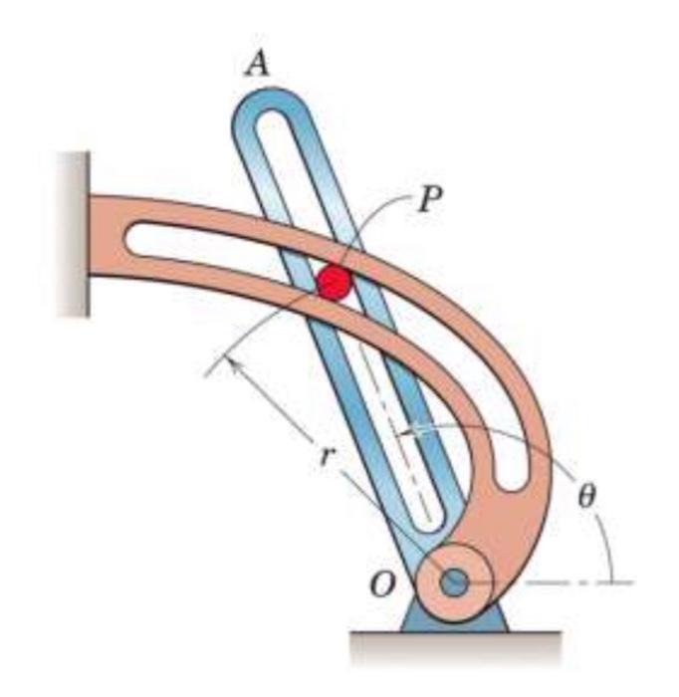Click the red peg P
click(335, 283)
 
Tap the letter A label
click(258, 65)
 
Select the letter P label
click(430, 200)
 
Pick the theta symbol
click(587, 494)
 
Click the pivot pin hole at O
click(456, 582)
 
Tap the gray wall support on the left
click(72, 234)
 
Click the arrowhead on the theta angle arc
click(402, 432)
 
